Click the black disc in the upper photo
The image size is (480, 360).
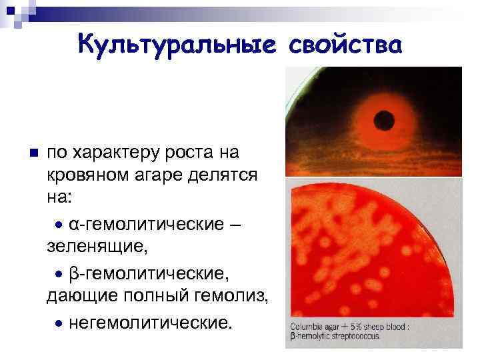tap(385, 120)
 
